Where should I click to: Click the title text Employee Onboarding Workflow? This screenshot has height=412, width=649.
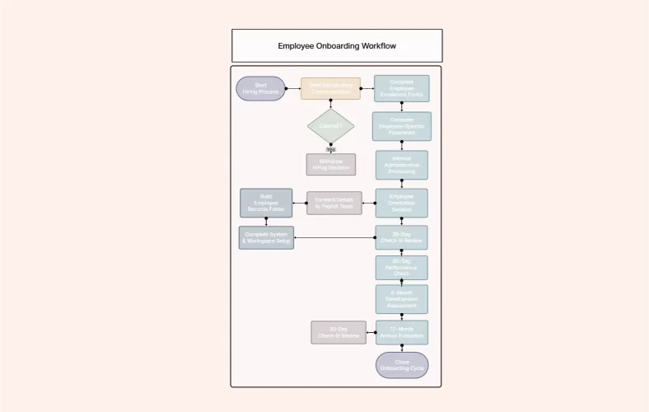336,46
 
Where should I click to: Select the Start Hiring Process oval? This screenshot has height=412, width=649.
260,89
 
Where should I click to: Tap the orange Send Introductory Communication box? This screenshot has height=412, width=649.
330,88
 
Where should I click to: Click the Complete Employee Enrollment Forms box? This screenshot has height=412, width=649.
401,88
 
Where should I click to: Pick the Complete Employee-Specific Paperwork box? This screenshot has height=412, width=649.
401,126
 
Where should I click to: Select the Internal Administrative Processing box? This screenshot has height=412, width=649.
401,165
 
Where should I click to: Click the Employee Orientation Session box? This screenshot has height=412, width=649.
401,203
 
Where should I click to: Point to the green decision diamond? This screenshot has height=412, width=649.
330,126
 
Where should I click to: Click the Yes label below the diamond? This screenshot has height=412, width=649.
330,149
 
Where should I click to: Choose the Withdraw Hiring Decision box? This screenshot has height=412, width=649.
330,164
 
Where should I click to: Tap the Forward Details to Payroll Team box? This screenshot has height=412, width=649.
334,203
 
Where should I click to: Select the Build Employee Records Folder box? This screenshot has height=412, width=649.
266,203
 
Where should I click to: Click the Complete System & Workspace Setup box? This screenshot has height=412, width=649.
266,237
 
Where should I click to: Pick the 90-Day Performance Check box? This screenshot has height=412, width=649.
401,268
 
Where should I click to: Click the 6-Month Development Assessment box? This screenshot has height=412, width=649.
401,299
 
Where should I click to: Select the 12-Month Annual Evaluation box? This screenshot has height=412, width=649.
401,332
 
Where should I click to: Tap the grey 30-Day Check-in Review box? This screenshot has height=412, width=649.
338,332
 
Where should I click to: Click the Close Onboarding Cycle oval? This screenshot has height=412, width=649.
401,365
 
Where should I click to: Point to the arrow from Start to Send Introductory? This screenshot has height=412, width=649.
293,88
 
